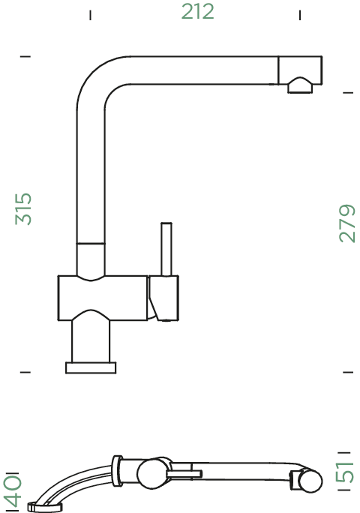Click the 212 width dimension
198,11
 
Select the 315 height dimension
23,209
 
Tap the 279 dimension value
347,223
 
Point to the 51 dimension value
344,472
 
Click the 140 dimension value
13,490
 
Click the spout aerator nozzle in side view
300,85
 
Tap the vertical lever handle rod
166,249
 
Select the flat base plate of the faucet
91,367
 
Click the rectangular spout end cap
300,70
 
